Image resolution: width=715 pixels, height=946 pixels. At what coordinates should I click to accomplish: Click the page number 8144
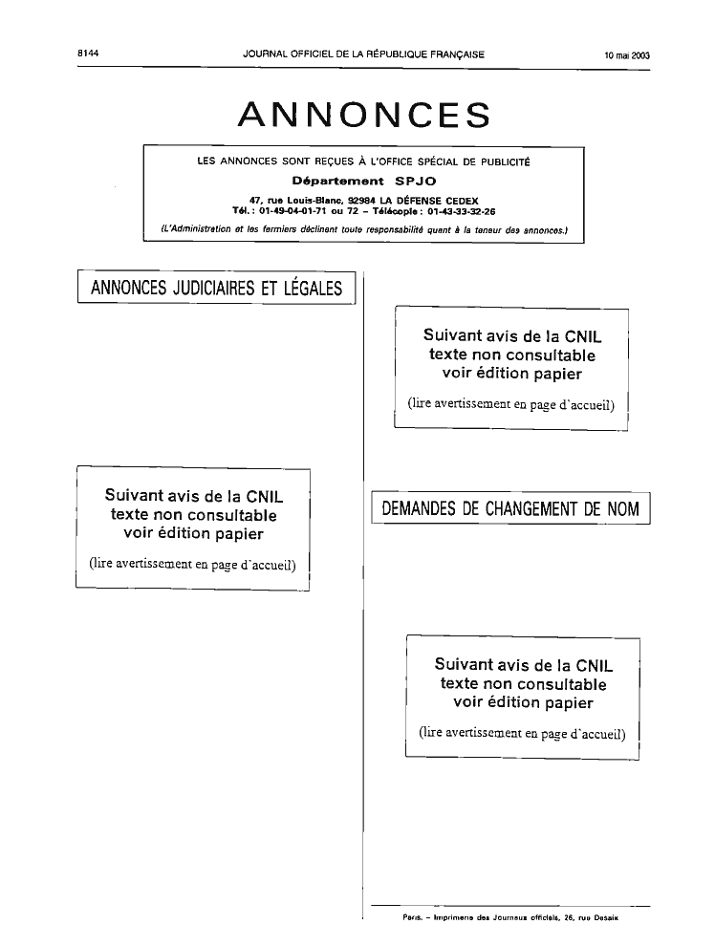coord(88,54)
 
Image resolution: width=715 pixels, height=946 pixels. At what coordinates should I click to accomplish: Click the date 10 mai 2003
coord(627,54)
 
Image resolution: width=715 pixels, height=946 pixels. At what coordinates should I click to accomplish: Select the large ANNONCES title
coord(364,114)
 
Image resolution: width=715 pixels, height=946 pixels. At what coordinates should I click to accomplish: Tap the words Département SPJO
coord(364,181)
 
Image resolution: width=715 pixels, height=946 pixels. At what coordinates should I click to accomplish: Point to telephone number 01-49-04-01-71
coord(293,211)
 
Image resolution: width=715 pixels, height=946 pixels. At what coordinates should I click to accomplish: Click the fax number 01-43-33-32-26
coord(462,211)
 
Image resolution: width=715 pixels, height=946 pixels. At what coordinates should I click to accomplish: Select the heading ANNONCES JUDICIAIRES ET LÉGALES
coord(217,288)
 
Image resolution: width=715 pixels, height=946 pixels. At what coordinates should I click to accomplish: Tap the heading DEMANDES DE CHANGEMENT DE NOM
coord(510,508)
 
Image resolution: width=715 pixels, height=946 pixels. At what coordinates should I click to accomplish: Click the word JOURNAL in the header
coord(265,54)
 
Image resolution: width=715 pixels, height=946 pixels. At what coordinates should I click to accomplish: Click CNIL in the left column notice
coord(264,496)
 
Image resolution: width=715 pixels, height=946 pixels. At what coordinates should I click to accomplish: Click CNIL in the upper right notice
coord(583,336)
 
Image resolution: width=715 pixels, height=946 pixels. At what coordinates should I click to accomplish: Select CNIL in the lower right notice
coord(595,665)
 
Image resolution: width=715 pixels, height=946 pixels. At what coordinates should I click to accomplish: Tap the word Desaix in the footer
coord(605,917)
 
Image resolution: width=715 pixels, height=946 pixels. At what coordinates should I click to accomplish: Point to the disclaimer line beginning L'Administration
coord(364,229)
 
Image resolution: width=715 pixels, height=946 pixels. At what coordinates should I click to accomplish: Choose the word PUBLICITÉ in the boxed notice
coord(503,161)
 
